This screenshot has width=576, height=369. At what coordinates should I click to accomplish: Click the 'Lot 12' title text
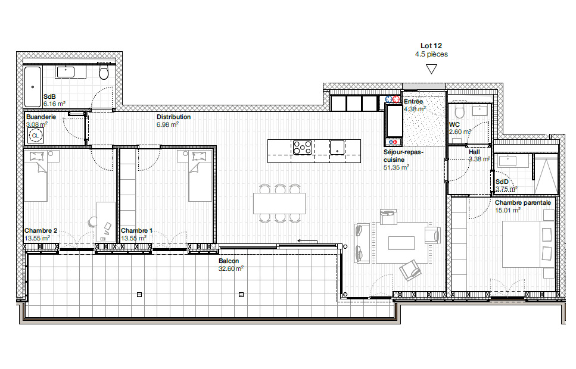(431, 45)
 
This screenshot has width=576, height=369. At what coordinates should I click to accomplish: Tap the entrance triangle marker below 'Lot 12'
(431, 69)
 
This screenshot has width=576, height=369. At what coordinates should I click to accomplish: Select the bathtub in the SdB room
(32, 87)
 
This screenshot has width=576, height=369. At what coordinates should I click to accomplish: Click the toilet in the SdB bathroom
(104, 73)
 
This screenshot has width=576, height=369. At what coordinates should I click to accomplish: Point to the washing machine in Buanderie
(35, 136)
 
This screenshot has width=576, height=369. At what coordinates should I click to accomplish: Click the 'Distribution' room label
(173, 117)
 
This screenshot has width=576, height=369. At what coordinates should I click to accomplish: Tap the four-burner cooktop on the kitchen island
(302, 147)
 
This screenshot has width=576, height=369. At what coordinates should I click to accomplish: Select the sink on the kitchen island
(337, 147)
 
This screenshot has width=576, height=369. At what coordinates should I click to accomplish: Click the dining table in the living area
(279, 203)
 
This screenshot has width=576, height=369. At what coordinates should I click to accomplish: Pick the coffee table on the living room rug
(401, 242)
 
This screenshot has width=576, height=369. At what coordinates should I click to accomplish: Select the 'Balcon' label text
(229, 261)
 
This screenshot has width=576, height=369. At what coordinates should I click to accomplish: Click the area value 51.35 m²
(396, 168)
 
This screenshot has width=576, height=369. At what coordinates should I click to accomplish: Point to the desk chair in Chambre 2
(93, 222)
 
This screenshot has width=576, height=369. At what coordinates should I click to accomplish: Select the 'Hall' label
(474, 152)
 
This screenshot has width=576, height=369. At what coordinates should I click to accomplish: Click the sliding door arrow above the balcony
(307, 241)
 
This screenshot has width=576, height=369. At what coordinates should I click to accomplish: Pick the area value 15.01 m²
(507, 210)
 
